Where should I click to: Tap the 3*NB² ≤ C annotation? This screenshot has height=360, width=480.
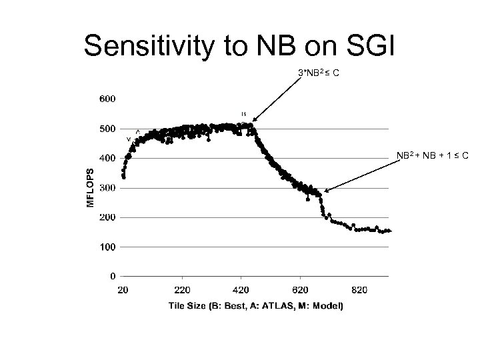point(319,73)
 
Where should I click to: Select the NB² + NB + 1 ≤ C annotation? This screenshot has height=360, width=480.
point(433,156)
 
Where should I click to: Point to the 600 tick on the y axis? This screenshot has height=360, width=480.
point(107,99)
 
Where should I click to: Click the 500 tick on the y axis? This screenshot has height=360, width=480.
point(107,129)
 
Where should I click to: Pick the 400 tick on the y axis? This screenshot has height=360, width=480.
point(107,158)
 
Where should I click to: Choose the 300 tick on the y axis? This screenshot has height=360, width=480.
point(107,188)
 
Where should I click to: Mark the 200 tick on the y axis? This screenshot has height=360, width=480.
point(107,217)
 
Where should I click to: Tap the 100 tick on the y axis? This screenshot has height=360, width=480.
point(107,247)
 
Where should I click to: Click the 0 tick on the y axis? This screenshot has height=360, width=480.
point(112,276)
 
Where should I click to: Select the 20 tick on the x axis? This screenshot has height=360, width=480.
point(123,290)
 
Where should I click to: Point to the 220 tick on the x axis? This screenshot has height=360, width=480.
point(182,290)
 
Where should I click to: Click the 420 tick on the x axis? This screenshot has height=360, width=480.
point(241,290)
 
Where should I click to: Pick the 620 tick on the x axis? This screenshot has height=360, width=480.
point(300,290)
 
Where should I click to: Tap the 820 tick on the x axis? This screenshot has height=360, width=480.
point(359,290)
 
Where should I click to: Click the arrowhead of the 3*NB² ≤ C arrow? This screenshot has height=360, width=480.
point(253,122)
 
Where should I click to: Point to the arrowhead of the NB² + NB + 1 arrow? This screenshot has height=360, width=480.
point(325,192)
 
